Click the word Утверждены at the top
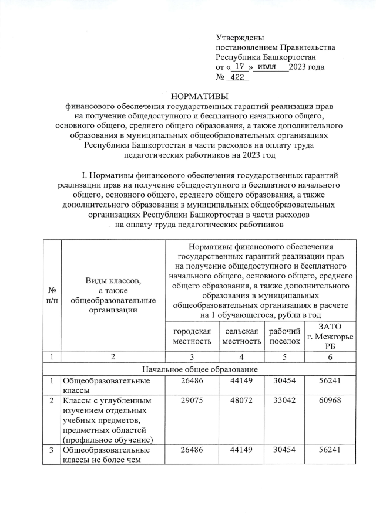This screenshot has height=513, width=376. click(240, 38)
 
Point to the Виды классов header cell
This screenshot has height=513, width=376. click(113, 294)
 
